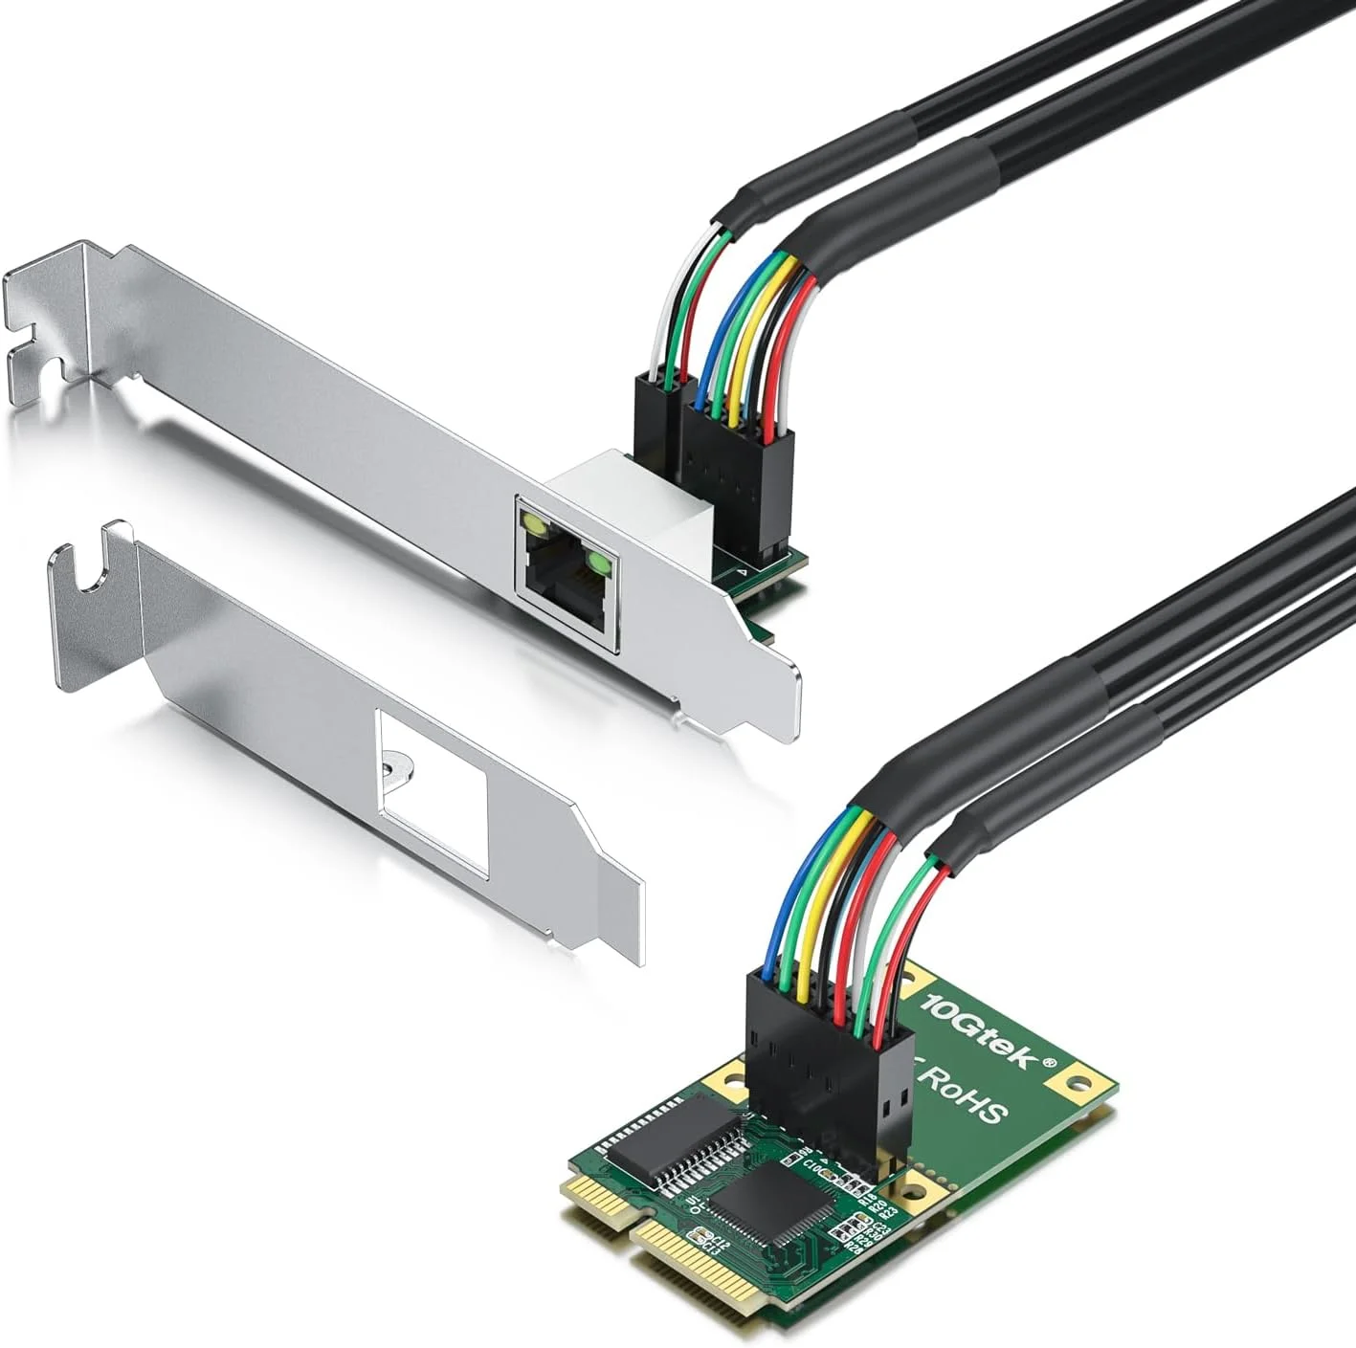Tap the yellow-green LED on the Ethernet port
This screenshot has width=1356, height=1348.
(530, 521)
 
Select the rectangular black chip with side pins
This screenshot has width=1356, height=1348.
(670, 1133)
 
